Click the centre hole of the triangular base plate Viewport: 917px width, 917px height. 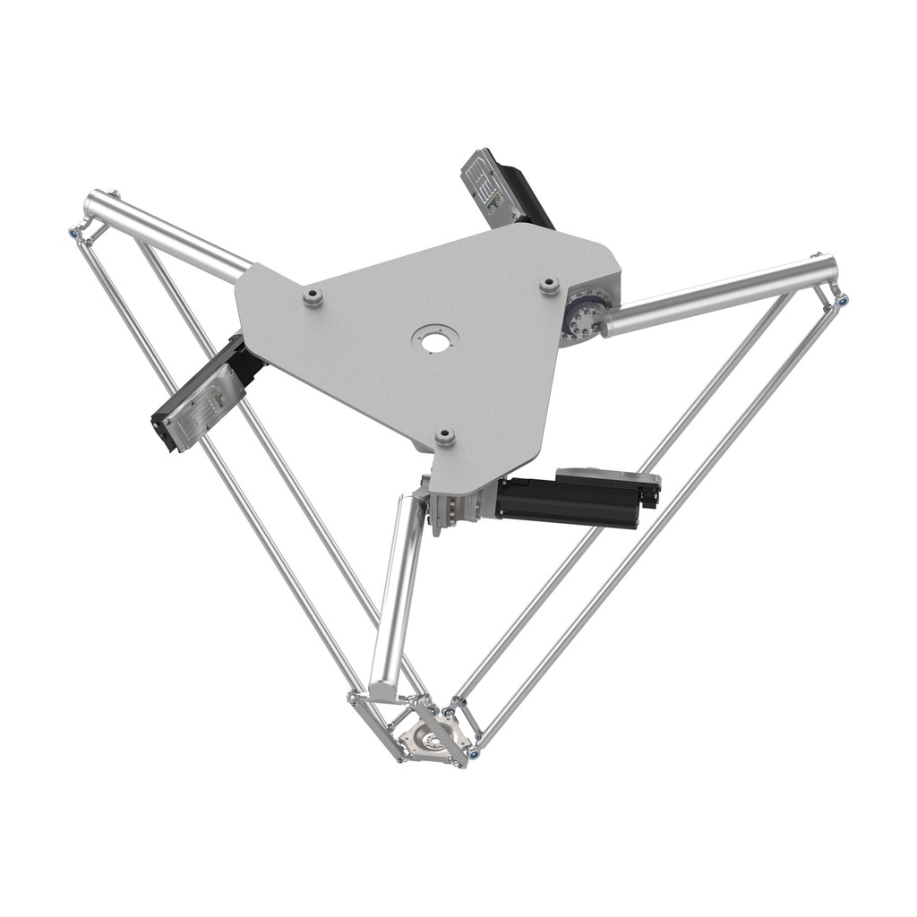point(435,341)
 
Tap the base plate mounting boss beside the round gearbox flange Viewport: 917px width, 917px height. point(549,285)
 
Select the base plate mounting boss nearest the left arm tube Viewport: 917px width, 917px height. point(313,296)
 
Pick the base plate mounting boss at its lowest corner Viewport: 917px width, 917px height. point(445,437)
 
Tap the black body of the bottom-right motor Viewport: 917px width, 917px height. point(564,501)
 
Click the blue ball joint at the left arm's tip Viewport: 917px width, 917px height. point(72,234)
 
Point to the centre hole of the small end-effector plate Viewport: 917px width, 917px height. point(433,740)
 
